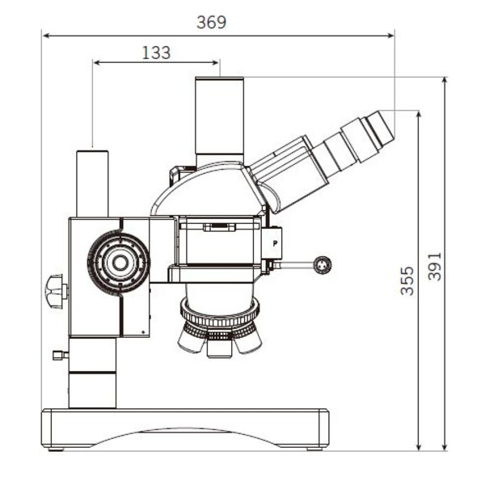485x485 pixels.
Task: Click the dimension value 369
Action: [x=212, y=23]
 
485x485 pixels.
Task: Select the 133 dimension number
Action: [x=156, y=53]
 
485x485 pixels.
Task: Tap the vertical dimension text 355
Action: [x=407, y=280]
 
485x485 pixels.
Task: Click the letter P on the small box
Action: [x=276, y=241]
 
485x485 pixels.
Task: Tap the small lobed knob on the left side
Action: [x=54, y=291]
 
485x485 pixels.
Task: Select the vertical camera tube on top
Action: [x=220, y=121]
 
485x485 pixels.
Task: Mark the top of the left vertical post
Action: [x=93, y=151]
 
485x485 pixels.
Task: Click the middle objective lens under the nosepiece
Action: [x=218, y=346]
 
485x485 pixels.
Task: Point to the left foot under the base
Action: [x=57, y=445]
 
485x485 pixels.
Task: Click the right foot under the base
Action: [x=316, y=445]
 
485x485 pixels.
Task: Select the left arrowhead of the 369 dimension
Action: [x=44, y=35]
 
